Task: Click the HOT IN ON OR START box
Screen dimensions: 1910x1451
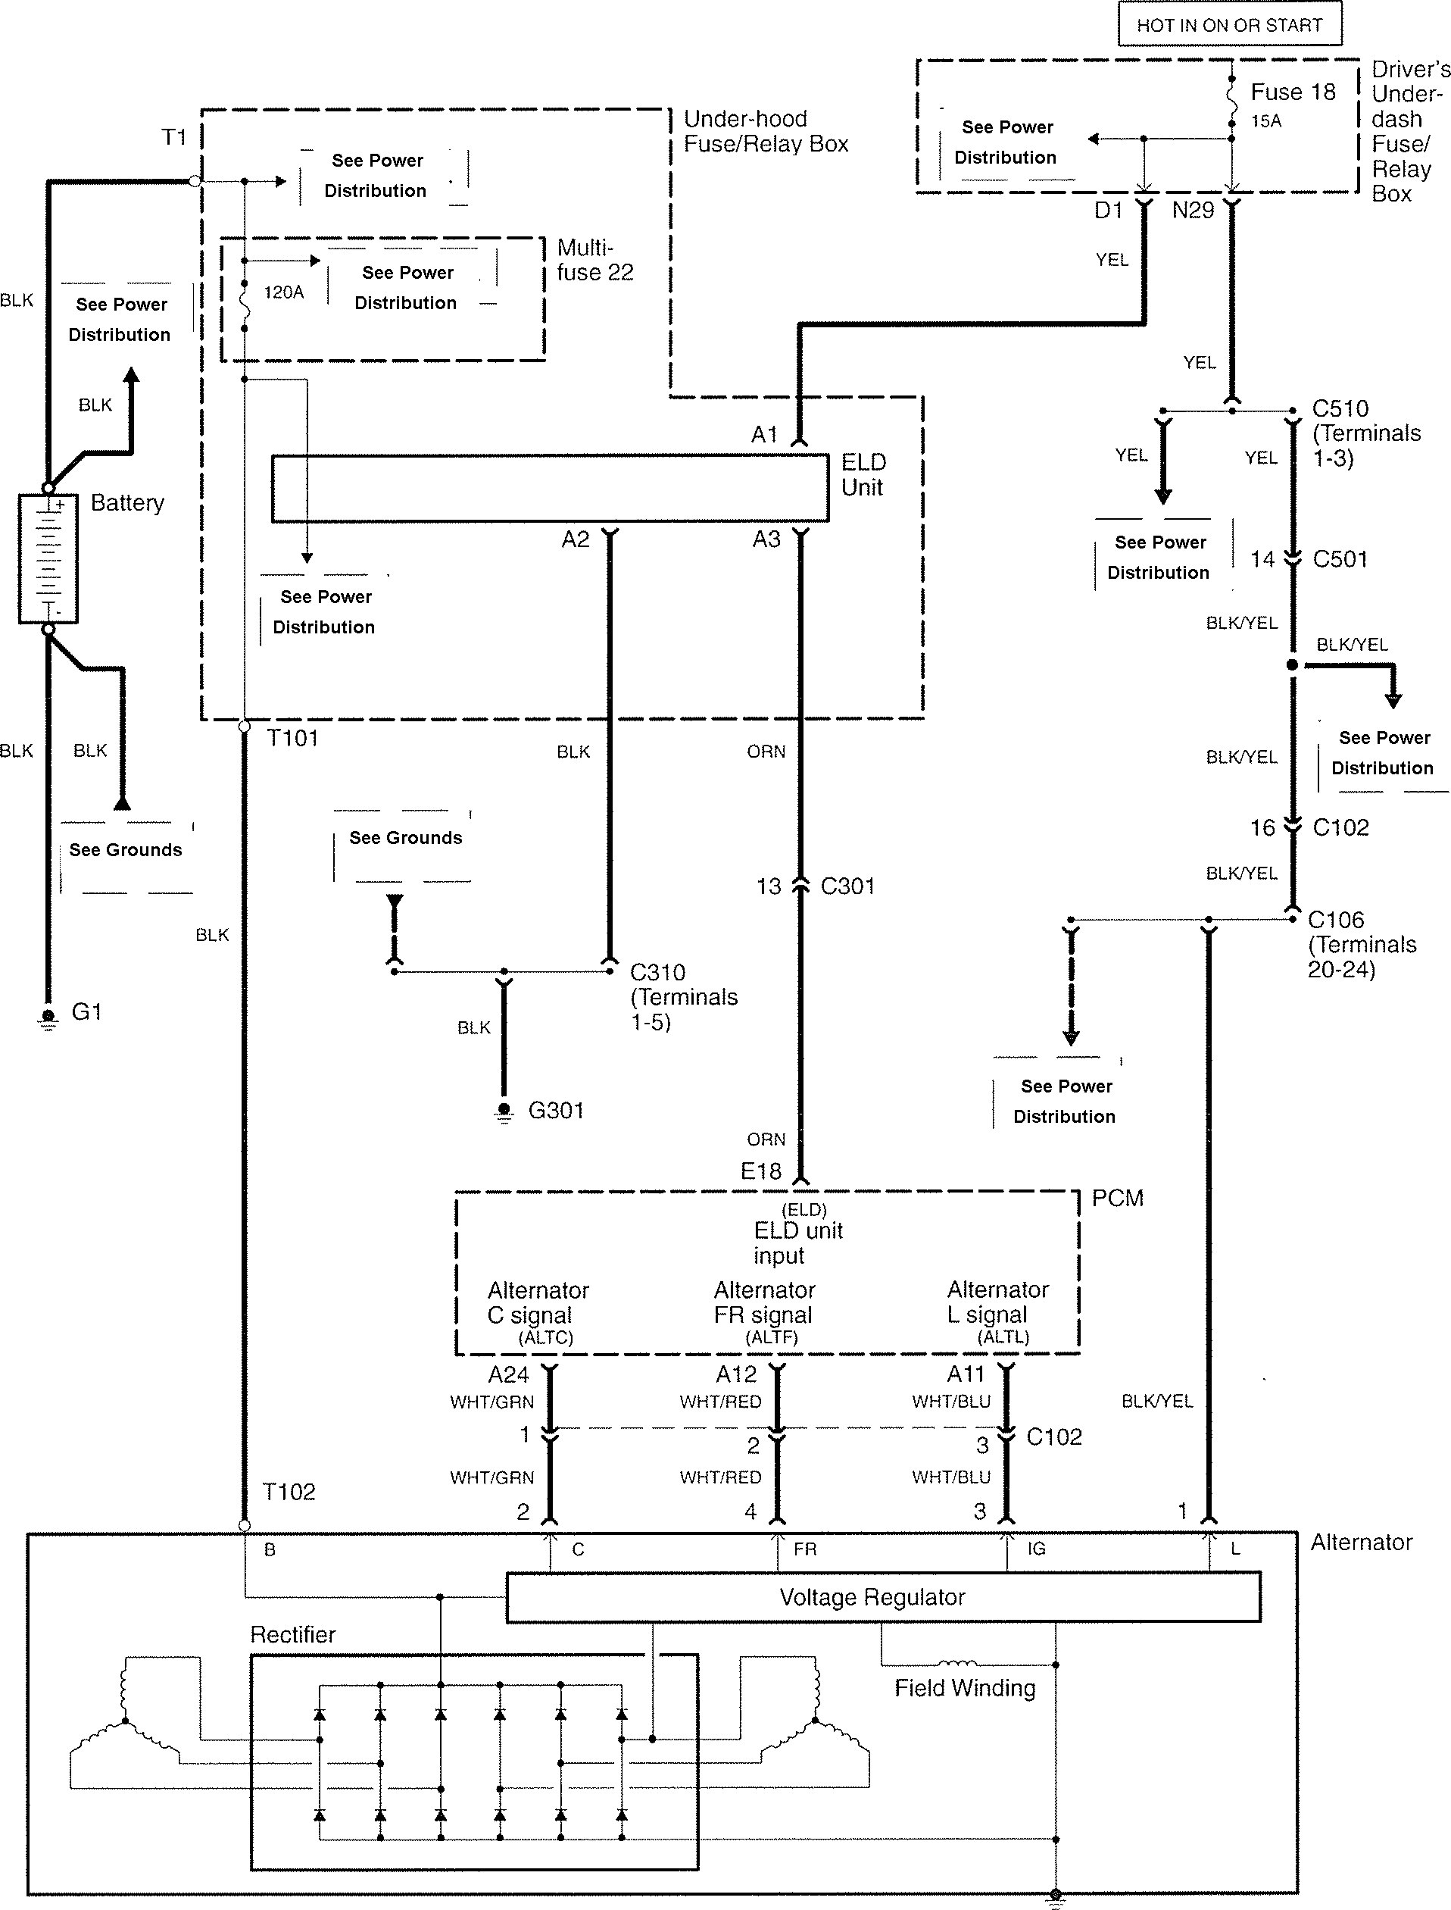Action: (x=1229, y=24)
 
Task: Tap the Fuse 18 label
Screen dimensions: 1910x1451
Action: (x=1293, y=92)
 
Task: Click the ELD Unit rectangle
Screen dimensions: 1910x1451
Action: (x=549, y=489)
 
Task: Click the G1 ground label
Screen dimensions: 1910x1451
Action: (x=86, y=1011)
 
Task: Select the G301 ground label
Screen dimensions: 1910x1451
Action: (x=556, y=1110)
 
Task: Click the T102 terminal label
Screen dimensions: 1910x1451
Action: (x=289, y=1492)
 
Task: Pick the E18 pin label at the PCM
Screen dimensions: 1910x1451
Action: (x=761, y=1171)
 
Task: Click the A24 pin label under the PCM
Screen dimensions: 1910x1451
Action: (x=508, y=1374)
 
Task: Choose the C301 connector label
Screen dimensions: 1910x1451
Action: (x=847, y=886)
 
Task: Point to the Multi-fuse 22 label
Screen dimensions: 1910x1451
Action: (x=595, y=260)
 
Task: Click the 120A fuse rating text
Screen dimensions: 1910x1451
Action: (x=283, y=293)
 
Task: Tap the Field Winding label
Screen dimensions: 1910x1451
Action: (x=965, y=1688)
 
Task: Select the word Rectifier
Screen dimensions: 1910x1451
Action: (x=293, y=1634)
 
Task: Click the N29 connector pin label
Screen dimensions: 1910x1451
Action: (x=1193, y=210)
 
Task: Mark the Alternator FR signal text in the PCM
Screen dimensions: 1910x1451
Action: (x=763, y=1302)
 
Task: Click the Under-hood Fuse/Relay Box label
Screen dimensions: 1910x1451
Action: (x=765, y=131)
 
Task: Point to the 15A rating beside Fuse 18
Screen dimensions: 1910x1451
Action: (x=1266, y=121)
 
